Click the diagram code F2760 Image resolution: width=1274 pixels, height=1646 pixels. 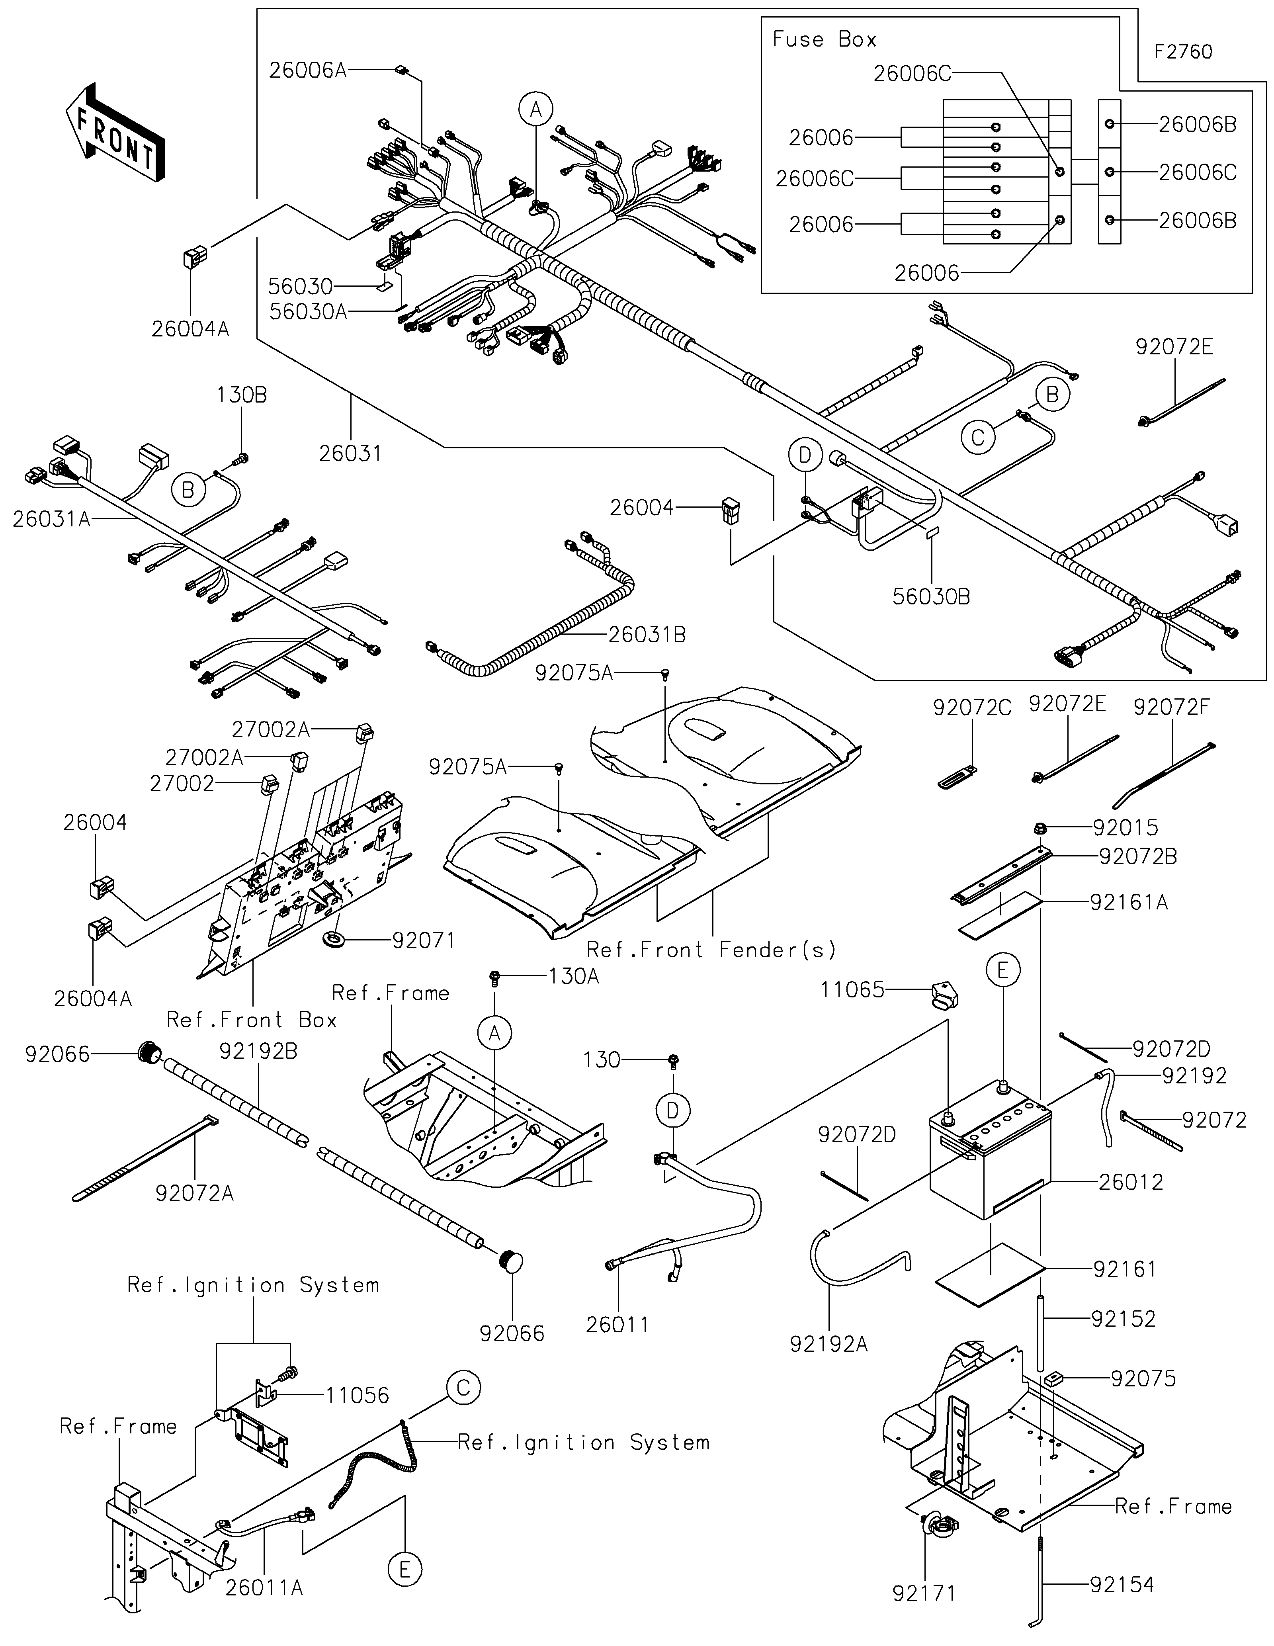tap(1183, 52)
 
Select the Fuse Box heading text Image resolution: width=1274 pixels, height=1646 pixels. tap(824, 39)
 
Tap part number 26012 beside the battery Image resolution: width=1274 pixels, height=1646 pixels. tap(1130, 1182)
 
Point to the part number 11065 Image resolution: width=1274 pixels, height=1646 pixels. tap(852, 989)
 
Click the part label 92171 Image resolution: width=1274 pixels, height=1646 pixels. tap(924, 1593)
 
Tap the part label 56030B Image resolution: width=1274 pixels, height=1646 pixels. tap(931, 597)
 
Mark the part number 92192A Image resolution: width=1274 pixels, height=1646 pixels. tap(829, 1344)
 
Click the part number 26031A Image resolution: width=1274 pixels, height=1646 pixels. tap(51, 519)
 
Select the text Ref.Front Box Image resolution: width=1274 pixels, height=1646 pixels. tap(252, 1020)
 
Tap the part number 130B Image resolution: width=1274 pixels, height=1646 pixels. tap(242, 395)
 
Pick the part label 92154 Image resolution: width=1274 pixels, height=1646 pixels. tap(1122, 1584)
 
